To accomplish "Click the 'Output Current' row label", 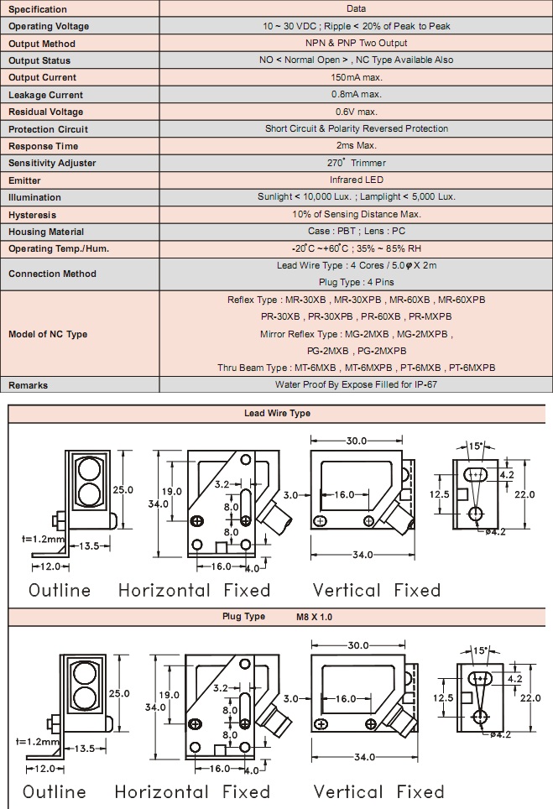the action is (42, 77).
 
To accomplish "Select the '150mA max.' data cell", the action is (357, 77).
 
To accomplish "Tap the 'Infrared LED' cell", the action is (357, 180).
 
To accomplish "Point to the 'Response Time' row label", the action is (44, 146).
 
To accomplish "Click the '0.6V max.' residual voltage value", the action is (357, 112).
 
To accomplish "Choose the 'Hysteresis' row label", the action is (32, 215).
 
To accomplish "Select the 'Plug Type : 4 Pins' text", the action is (357, 282).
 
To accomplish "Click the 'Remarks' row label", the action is (28, 385).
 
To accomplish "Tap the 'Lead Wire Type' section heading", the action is (278, 413).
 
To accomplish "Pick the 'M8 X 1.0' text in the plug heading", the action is (314, 617).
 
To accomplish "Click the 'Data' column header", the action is (357, 8).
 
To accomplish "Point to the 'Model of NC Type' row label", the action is (48, 334).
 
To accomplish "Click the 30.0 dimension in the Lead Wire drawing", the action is (357, 441).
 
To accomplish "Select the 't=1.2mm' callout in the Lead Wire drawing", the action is (44, 539).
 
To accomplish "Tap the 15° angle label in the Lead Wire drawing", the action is (475, 446).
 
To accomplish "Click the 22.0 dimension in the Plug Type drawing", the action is (530, 698).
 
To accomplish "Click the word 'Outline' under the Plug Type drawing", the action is (55, 792).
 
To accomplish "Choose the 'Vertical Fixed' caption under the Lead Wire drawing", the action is (377, 590).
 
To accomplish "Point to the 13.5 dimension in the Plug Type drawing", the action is (86, 749).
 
